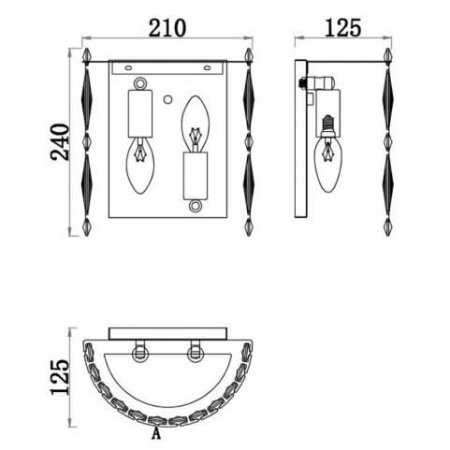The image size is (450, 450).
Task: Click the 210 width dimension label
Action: coord(167,28)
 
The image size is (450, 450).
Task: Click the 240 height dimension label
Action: coord(60,142)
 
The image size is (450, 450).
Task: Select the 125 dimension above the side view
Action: coord(343,28)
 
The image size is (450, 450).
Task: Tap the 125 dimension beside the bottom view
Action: coord(60,377)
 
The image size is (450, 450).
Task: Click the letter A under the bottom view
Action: coord(156,434)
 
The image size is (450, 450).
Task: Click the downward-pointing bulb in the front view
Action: coord(140,166)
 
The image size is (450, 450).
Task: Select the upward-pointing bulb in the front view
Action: coord(196,123)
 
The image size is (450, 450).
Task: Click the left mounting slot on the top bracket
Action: coord(128,67)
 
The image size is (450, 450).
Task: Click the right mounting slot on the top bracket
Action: coord(207,67)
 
